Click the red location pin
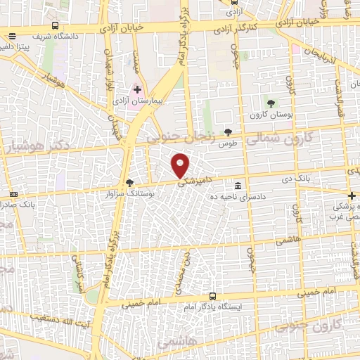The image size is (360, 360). coord(181,165)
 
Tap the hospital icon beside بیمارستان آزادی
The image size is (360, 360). coord(138,90)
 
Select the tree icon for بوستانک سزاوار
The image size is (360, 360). coord(129,184)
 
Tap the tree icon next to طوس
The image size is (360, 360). coord(227,131)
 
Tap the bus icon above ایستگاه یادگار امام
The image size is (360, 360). coord(213,297)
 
